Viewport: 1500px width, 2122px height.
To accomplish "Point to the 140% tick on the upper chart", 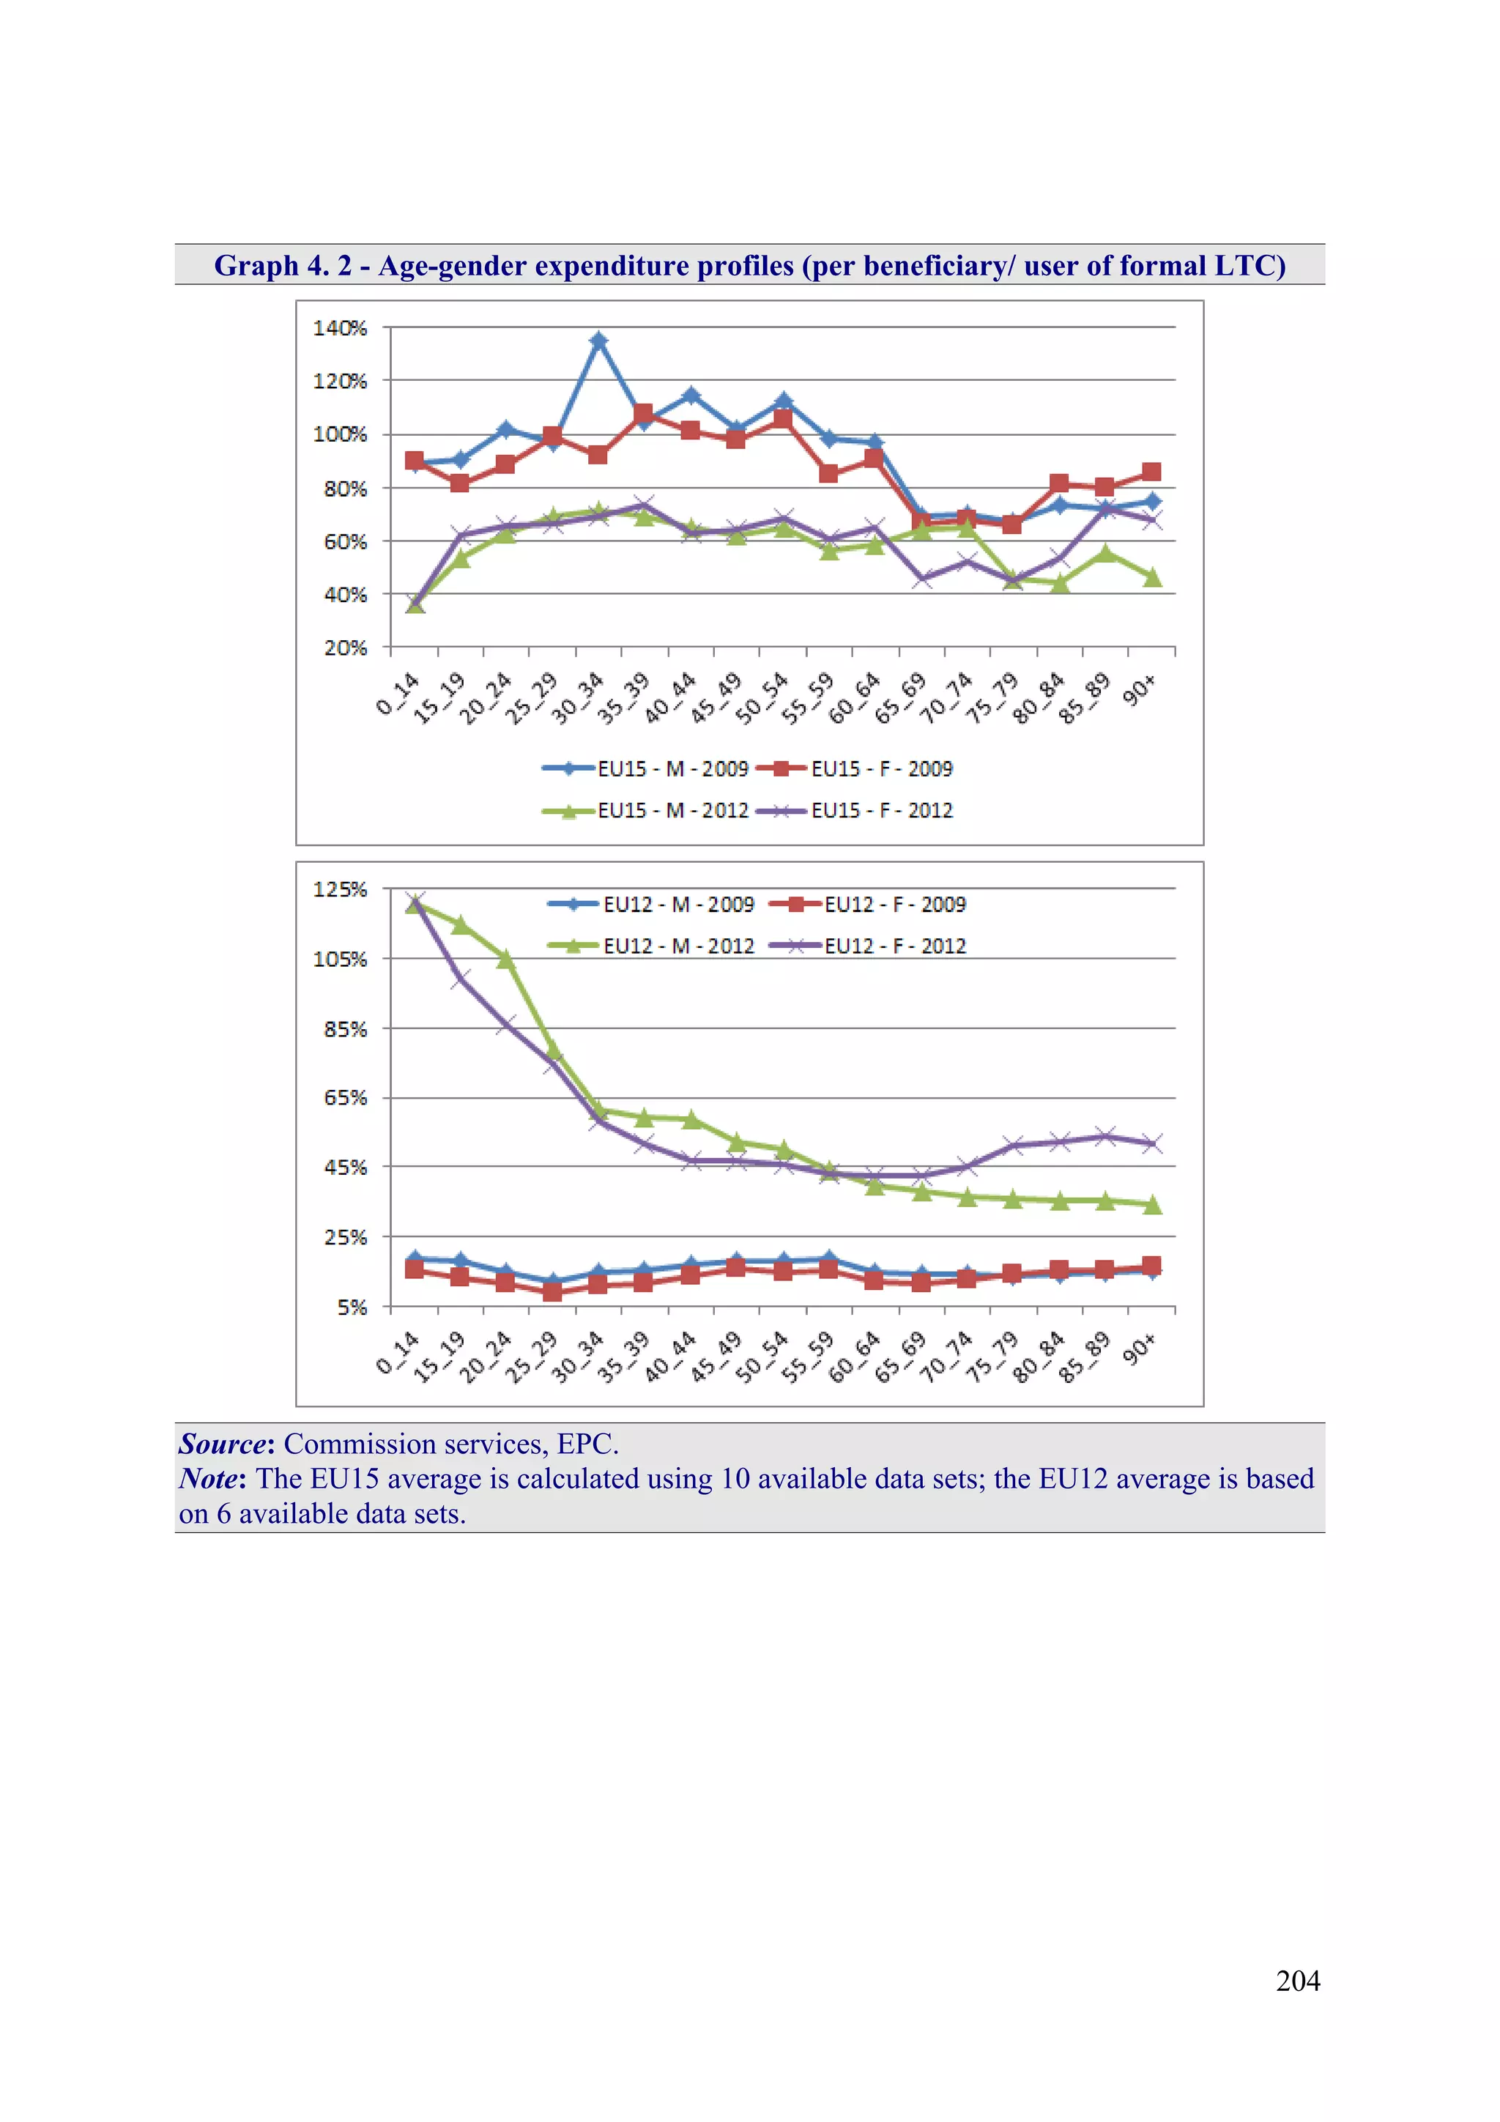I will (x=340, y=328).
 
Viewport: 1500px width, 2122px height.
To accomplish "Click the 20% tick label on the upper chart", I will (x=345, y=648).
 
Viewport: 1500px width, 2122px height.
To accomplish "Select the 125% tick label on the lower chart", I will (x=340, y=889).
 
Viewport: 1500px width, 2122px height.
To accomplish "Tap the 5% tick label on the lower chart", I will (x=352, y=1307).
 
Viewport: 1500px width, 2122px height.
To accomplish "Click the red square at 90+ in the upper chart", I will (x=1151, y=472).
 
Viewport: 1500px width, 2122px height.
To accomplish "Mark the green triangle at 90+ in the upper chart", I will (x=1151, y=578).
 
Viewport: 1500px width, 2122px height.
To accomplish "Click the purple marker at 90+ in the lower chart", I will (x=1151, y=1143).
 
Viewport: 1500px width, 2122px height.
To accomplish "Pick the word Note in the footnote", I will (x=208, y=1479).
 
